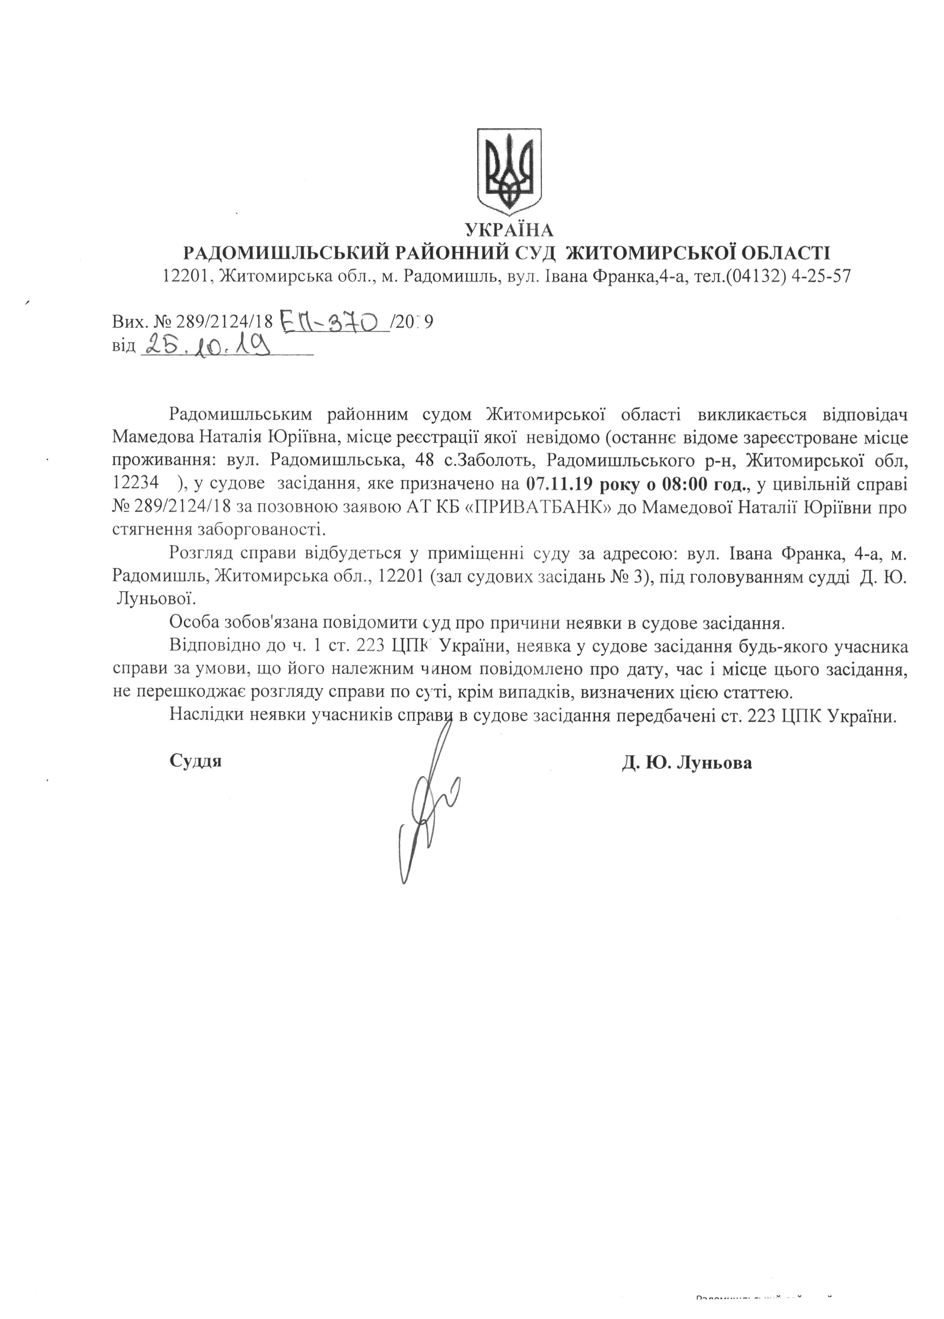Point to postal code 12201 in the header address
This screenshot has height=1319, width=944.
[x=184, y=276]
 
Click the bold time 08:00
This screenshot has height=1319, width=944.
[x=690, y=483]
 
